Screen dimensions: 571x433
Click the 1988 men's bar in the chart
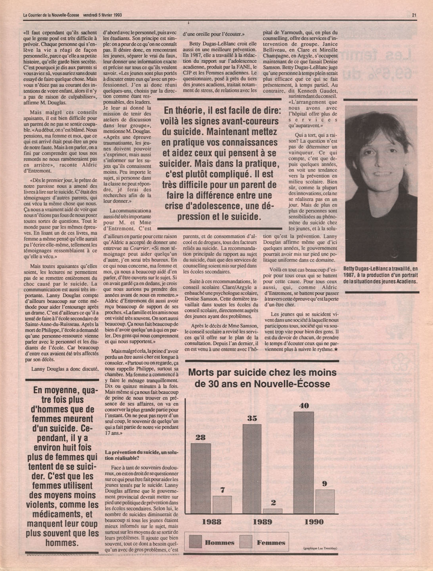(x=201, y=478)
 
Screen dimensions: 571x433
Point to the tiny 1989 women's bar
(x=272, y=511)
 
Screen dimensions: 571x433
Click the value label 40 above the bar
(x=304, y=406)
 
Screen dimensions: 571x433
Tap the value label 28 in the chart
(x=201, y=437)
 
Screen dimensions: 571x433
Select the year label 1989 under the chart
(x=262, y=522)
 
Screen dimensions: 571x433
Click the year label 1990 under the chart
(x=314, y=522)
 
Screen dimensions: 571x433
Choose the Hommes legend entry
(x=219, y=542)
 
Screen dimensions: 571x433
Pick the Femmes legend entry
(x=271, y=542)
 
